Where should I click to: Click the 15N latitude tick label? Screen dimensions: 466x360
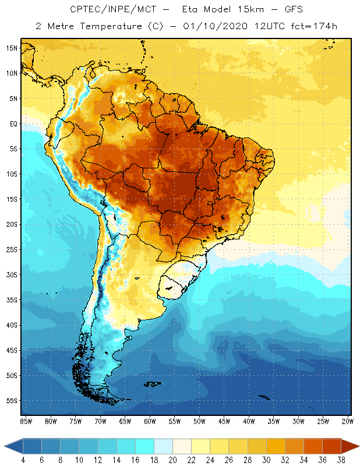(11, 48)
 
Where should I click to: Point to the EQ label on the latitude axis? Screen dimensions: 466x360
(12, 123)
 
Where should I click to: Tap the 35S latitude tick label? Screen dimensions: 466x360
(11, 300)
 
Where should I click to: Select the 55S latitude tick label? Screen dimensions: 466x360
(11, 401)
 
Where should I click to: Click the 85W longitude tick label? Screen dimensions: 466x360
(26, 421)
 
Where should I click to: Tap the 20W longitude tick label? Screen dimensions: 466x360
(348, 421)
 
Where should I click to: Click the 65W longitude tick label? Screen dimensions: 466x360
(125, 421)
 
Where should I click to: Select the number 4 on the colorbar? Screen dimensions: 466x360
(23, 460)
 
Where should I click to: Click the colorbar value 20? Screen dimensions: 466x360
(172, 460)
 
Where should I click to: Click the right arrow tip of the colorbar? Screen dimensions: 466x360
(358, 446)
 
